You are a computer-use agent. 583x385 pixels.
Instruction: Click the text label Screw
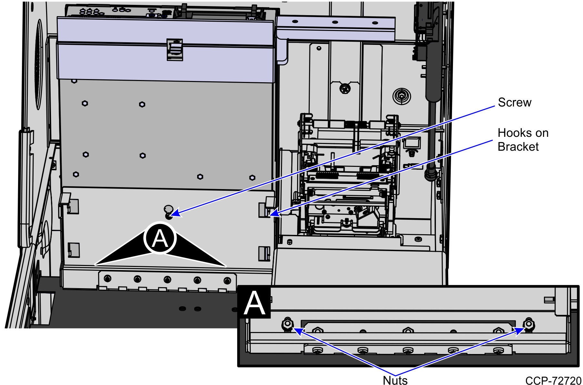[514, 103]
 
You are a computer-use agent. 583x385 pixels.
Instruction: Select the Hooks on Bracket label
[523, 140]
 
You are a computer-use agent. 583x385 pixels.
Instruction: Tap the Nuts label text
[395, 380]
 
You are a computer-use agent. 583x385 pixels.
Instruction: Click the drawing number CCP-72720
[553, 381]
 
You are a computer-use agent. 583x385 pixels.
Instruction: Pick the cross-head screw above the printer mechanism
[345, 88]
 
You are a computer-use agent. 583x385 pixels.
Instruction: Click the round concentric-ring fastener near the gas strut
[402, 96]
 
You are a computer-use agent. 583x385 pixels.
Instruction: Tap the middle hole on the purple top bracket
[335, 22]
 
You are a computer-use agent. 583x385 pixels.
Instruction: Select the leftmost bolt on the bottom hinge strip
[107, 278]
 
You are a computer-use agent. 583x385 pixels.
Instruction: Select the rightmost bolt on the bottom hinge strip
[227, 280]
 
